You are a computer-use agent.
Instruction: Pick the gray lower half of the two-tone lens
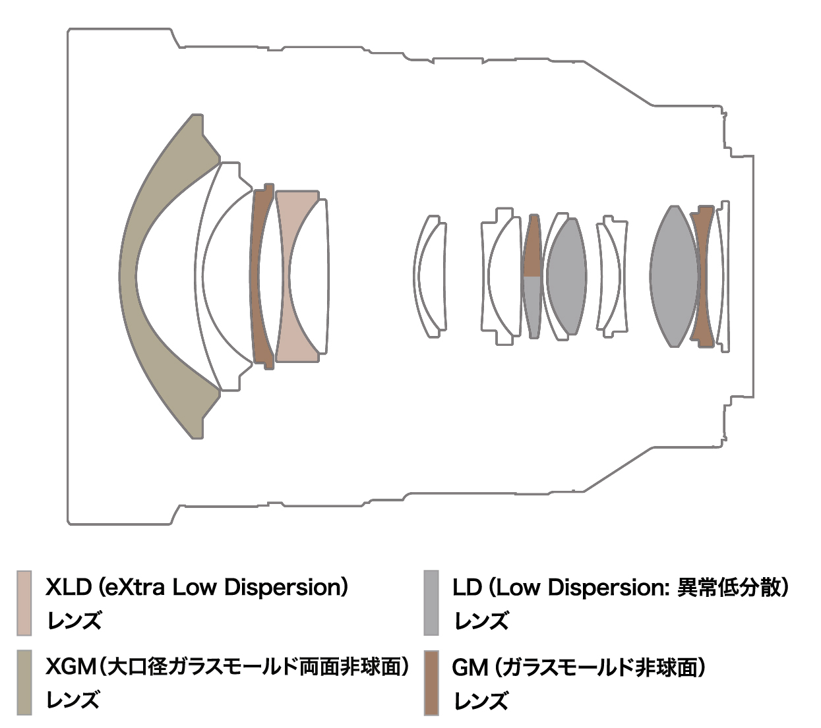point(532,306)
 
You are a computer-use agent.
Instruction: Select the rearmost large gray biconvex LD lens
point(674,276)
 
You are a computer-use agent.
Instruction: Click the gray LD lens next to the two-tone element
point(567,277)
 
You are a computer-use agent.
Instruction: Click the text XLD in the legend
point(69,588)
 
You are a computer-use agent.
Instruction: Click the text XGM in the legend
point(71,667)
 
